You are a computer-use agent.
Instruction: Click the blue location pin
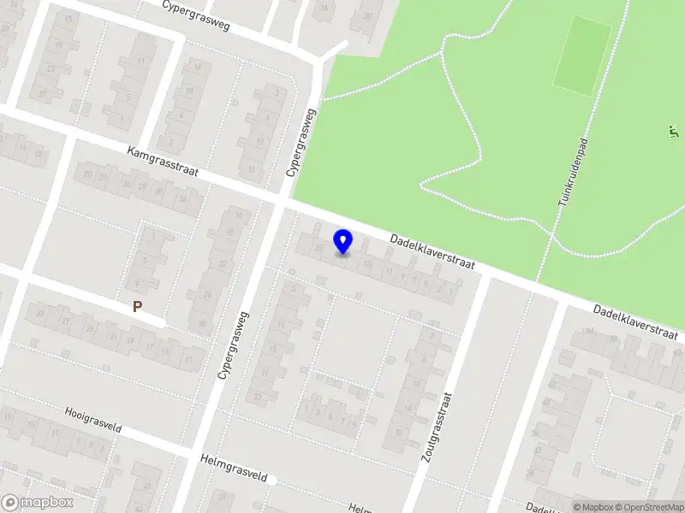click(x=343, y=242)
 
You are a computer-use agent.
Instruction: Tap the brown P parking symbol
click(x=136, y=307)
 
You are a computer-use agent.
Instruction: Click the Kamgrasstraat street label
click(x=163, y=162)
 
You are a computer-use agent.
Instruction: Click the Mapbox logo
click(x=38, y=503)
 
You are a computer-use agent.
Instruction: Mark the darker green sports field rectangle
click(x=581, y=56)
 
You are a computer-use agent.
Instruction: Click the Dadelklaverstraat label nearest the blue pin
click(x=432, y=252)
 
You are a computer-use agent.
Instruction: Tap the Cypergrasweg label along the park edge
click(x=301, y=143)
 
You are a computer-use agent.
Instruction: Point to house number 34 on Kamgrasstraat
click(x=182, y=198)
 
